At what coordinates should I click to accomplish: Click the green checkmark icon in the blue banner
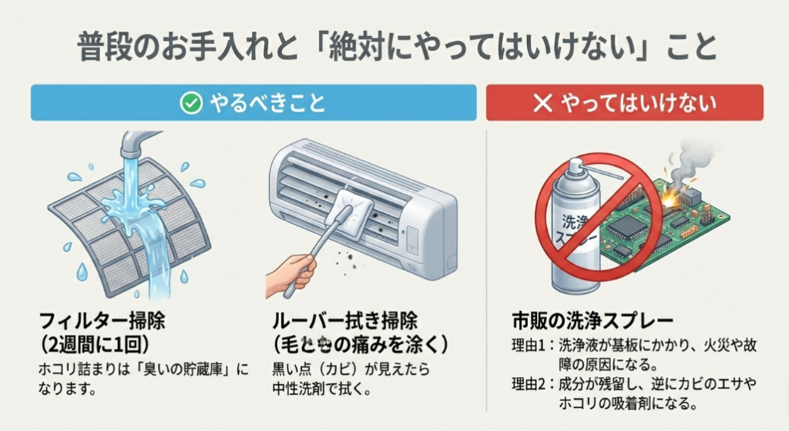(x=190, y=102)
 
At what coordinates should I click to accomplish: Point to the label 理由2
(x=531, y=383)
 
